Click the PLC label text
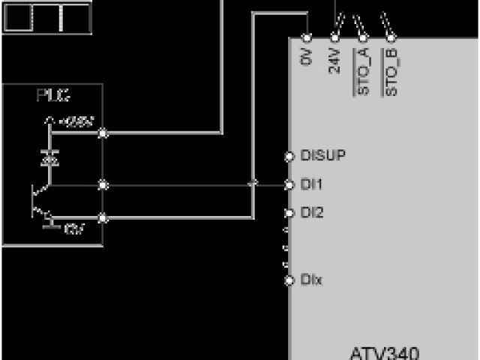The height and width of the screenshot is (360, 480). tap(52, 95)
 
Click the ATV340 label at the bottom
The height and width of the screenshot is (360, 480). tap(384, 352)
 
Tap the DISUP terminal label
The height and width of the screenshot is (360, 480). tap(322, 156)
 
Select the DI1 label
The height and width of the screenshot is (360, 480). tap(311, 184)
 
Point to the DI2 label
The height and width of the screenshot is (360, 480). tap(311, 213)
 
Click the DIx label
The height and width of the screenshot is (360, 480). tap(311, 280)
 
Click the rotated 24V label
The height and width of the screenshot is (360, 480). tap(334, 60)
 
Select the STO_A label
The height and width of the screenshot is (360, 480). tap(364, 72)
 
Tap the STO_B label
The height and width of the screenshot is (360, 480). tap(391, 72)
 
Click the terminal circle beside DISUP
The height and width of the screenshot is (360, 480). tap(289, 157)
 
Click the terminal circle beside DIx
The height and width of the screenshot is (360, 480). tap(289, 280)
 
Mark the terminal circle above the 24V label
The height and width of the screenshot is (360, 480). tap(334, 37)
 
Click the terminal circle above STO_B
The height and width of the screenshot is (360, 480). tap(391, 37)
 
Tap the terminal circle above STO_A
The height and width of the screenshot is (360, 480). tap(364, 37)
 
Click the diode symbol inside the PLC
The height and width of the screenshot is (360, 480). tap(49, 158)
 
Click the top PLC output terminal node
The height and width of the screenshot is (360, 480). tap(103, 133)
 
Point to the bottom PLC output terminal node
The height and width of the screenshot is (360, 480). tap(103, 218)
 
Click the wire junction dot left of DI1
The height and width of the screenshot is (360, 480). tap(253, 184)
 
